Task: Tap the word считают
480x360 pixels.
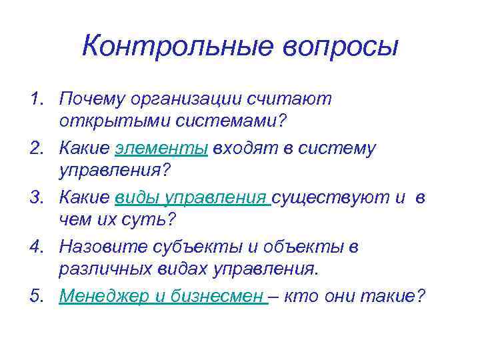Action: coord(292,99)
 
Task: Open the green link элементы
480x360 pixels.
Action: coord(162,149)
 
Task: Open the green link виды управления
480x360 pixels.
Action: coord(192,198)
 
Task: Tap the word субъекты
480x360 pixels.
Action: coord(203,247)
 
